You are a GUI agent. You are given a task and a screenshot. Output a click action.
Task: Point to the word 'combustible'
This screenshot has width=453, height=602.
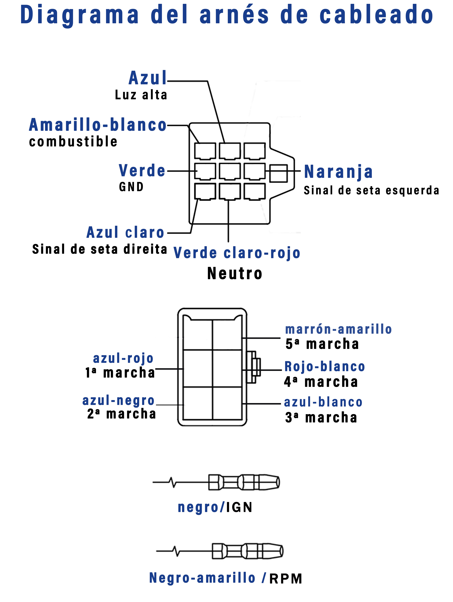point(73,142)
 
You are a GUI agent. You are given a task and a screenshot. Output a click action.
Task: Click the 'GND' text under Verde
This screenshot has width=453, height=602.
point(131,187)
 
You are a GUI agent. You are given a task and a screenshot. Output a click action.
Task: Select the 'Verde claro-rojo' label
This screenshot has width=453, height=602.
point(237,253)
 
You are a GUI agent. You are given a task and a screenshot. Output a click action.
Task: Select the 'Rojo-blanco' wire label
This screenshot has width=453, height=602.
point(324,367)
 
